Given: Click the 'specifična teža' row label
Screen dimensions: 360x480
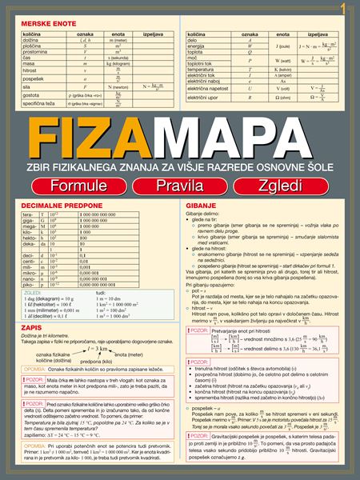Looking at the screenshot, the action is pos(35,103).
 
